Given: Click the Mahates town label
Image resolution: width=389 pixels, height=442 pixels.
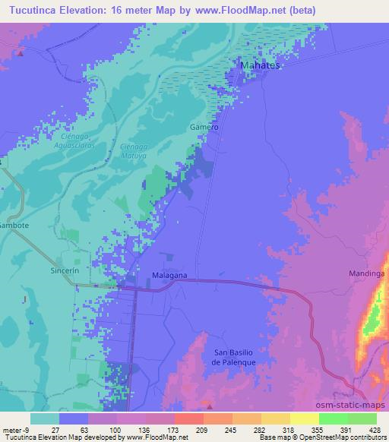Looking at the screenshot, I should point(261,66).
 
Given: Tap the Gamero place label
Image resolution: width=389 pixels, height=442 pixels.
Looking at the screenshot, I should point(204,128).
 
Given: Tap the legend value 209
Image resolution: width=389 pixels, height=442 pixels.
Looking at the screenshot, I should point(190,429).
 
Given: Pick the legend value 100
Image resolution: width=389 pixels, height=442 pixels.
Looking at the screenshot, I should point(104,429).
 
